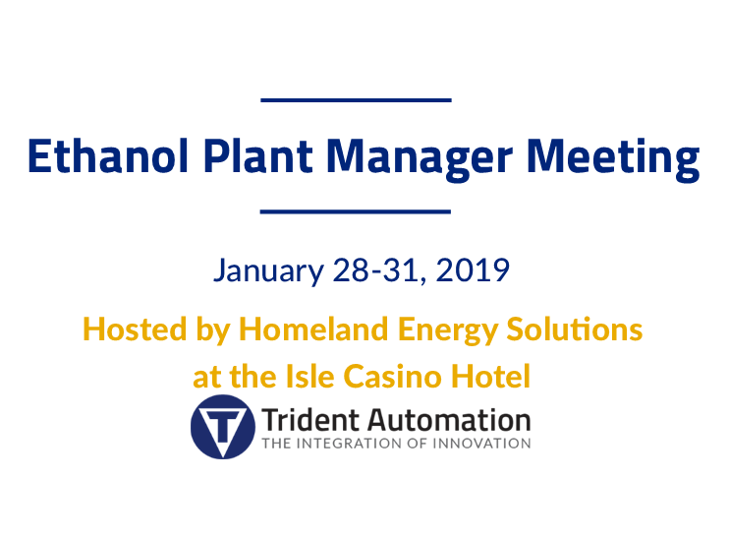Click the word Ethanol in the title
108,156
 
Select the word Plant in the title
258,156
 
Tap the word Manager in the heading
420,159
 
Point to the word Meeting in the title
613,159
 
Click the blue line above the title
356,100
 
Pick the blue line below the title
356,211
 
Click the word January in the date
268,270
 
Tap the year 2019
473,269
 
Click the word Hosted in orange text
135,329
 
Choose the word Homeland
313,329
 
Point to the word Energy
448,331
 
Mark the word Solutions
575,329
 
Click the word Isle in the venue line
309,376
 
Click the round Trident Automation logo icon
223,427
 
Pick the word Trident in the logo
310,420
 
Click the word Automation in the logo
449,420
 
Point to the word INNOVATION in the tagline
481,444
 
